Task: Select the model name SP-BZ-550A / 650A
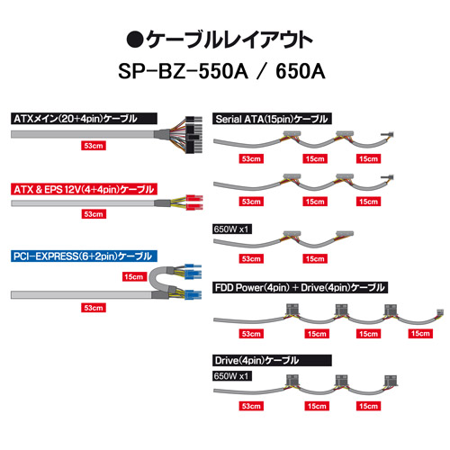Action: [x=221, y=71]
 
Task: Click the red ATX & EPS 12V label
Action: [x=84, y=189]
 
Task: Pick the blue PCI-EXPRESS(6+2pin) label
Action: [x=84, y=256]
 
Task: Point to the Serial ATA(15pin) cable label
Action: [x=272, y=119]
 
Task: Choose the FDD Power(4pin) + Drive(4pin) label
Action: [x=300, y=287]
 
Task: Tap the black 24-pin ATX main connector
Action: [x=193, y=135]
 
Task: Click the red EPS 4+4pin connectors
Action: [x=194, y=202]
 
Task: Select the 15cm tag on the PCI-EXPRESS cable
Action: [x=134, y=276]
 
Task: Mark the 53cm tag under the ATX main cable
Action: [x=94, y=146]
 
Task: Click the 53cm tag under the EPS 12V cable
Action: [x=94, y=214]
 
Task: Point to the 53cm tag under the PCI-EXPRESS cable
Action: [x=94, y=308]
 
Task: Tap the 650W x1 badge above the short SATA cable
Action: [x=232, y=229]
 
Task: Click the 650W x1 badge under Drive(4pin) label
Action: [x=232, y=376]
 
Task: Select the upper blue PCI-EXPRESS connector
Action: [x=193, y=272]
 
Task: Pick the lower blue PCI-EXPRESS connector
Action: [x=193, y=294]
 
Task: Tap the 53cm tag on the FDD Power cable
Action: [x=251, y=334]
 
